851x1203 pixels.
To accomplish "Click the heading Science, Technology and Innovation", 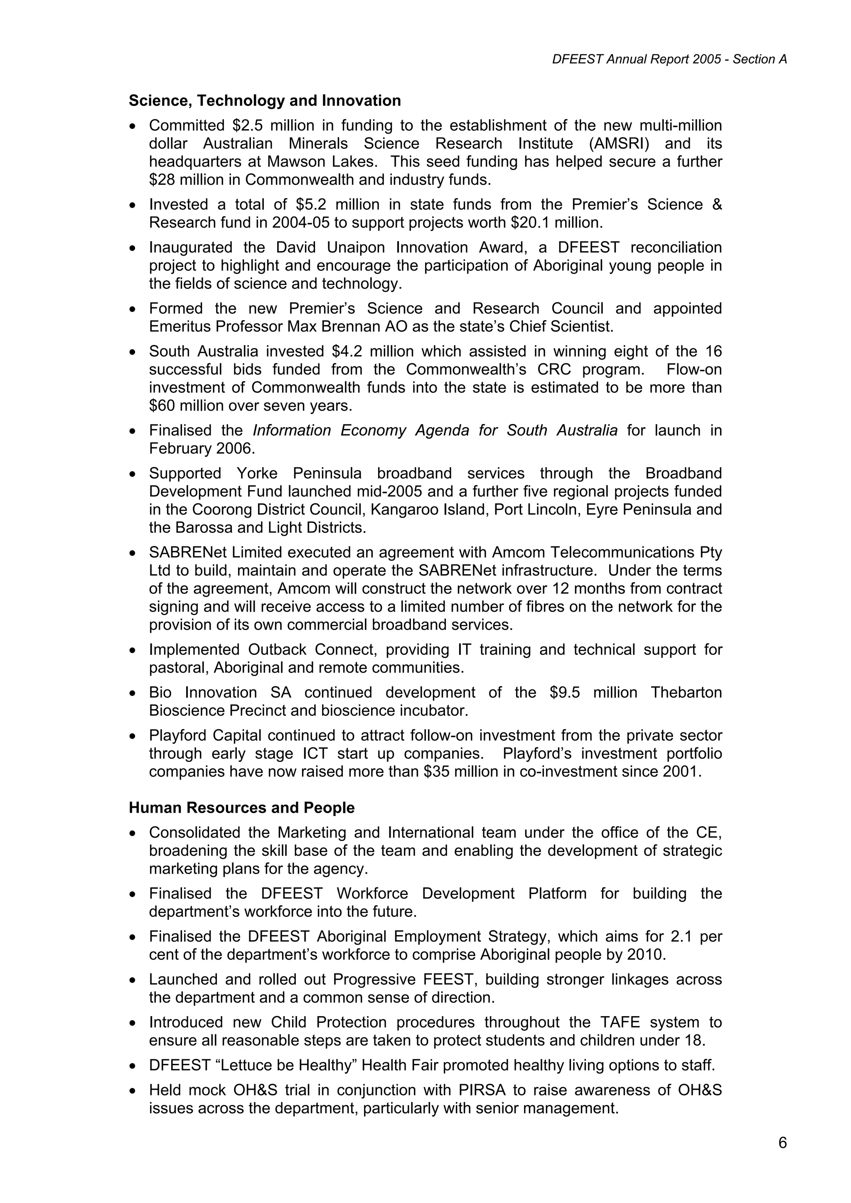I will pyautogui.click(x=265, y=100).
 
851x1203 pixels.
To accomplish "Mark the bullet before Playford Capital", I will pyautogui.click(x=134, y=737).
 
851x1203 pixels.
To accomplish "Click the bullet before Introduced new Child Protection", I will pyautogui.click(x=134, y=1023).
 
